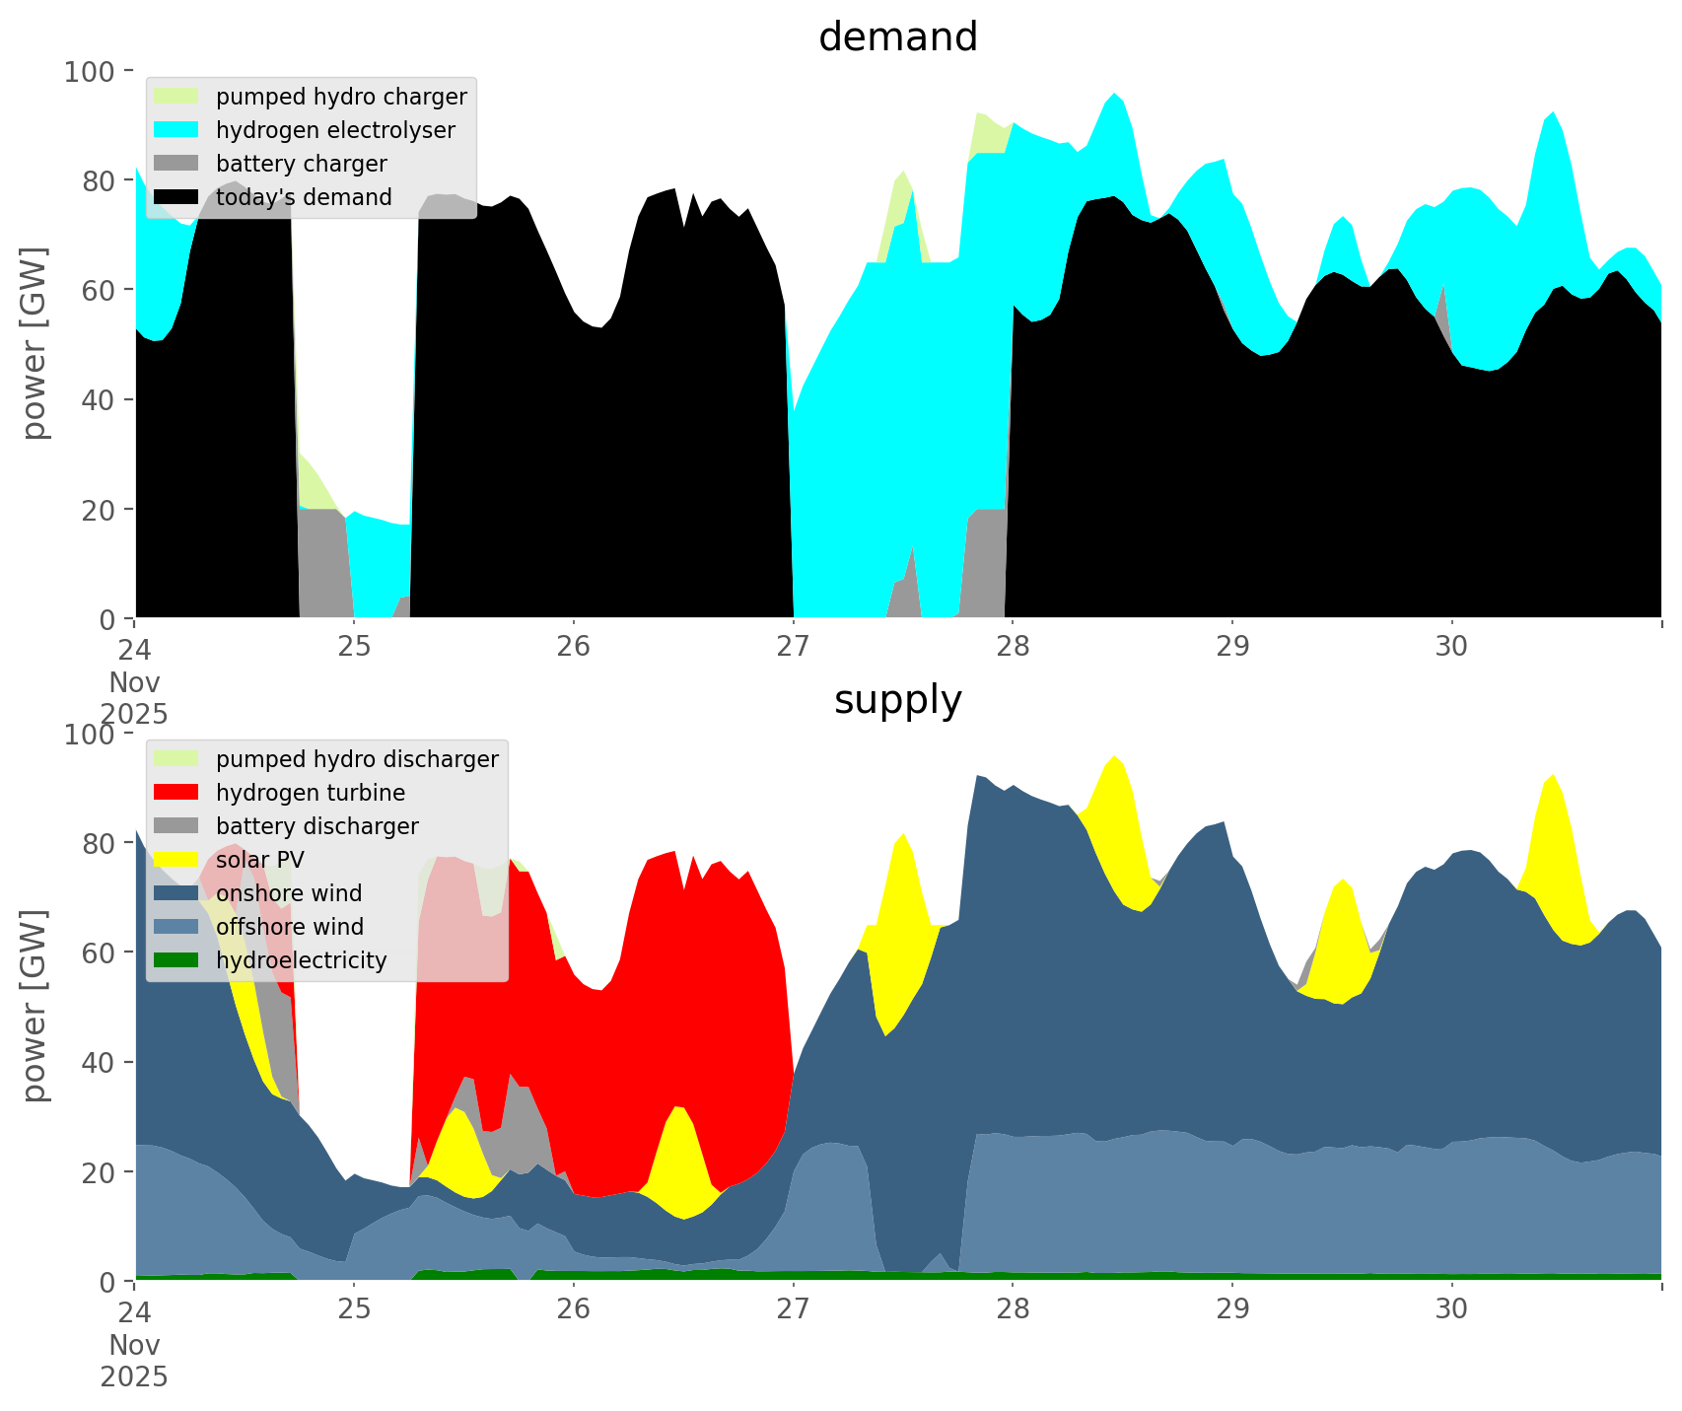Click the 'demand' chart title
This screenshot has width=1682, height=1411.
(897, 37)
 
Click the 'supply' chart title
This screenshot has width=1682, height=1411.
(897, 700)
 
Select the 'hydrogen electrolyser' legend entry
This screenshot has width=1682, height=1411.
(335, 130)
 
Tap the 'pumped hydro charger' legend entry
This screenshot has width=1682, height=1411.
(341, 97)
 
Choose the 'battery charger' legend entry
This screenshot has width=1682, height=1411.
(301, 164)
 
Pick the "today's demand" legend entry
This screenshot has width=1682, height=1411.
(304, 197)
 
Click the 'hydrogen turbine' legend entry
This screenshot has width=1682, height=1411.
(310, 793)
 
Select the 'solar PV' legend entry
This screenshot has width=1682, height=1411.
(260, 860)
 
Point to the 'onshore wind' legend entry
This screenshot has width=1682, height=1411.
(289, 893)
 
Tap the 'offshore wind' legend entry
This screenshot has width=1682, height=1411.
(290, 927)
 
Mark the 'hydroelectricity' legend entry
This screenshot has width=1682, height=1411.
(301, 960)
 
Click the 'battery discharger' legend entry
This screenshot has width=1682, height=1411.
(316, 826)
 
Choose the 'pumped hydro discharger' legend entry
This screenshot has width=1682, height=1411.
(357, 759)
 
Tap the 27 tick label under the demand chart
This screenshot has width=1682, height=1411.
(793, 646)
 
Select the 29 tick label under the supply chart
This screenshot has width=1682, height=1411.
(1232, 1308)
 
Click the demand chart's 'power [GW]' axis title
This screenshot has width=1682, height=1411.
(35, 344)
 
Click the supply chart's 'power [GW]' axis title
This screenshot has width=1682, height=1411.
(35, 1007)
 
